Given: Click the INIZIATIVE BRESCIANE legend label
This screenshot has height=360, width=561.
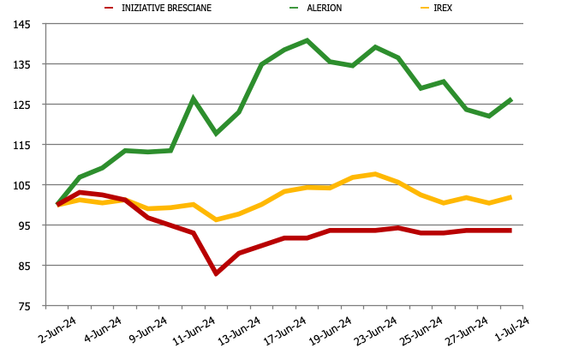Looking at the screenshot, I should [x=166, y=9].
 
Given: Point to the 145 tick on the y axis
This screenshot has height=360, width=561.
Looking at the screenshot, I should [x=21, y=24].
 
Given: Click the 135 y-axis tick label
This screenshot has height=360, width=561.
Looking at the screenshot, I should [x=21, y=64].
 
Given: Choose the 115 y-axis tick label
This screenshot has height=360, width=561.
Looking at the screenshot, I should [x=21, y=145].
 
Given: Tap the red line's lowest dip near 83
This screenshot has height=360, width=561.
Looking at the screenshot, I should [x=216, y=273].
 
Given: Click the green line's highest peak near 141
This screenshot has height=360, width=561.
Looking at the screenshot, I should [x=307, y=40].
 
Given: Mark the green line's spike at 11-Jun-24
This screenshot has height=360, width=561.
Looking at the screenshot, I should [x=194, y=99].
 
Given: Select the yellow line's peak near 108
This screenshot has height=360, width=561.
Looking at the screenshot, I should [x=375, y=174].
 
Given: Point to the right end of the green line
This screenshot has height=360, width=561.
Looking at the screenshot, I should [x=511, y=99].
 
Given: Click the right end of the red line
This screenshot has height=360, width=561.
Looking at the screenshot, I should [x=511, y=231].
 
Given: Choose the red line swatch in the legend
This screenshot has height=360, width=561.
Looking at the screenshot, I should [x=110, y=9].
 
